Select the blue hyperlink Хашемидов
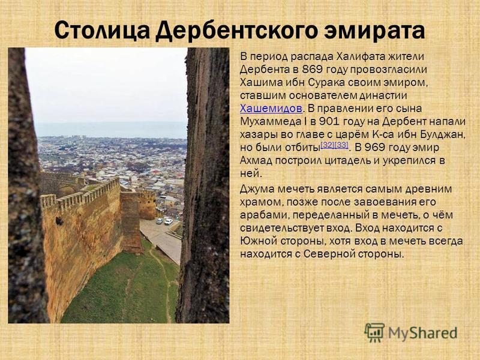tap(271, 109)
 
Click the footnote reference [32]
tap(327, 145)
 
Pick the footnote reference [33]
tap(341, 145)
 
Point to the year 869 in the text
tap(312, 70)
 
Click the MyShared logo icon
tap(374, 332)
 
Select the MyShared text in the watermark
tap(423, 333)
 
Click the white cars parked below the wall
tap(164, 221)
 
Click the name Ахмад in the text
tap(256, 161)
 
